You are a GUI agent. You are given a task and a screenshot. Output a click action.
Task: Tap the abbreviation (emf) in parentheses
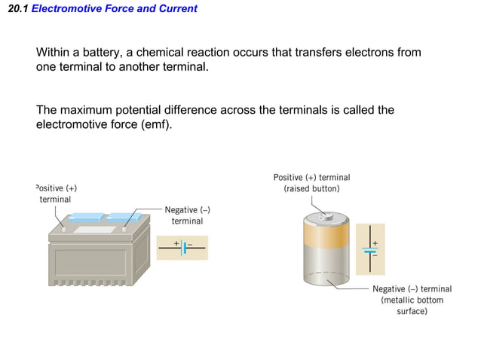click(155, 124)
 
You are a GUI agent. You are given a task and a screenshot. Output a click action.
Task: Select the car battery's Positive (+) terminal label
click(56, 193)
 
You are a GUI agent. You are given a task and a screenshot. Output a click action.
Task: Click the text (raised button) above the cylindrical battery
click(311, 188)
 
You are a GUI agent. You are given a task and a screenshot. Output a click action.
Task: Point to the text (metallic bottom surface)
click(412, 305)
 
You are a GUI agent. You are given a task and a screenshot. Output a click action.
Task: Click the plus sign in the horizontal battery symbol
click(176, 243)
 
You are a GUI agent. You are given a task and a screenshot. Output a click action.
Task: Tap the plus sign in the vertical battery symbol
click(375, 244)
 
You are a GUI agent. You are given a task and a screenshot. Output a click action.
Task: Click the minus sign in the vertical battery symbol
click(375, 255)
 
